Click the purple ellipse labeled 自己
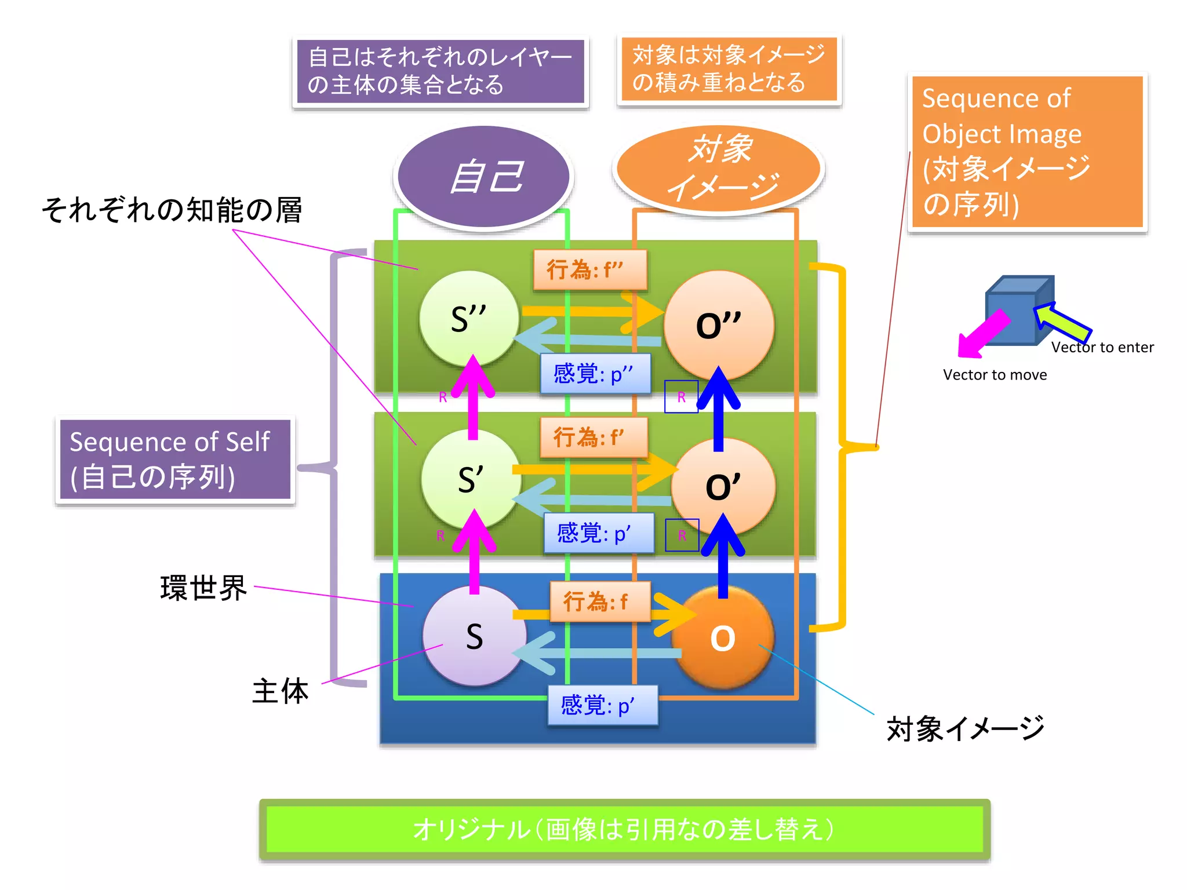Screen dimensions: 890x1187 483,177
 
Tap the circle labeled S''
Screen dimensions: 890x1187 469,319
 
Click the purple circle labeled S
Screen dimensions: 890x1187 474,636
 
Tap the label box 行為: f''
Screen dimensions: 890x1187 589,270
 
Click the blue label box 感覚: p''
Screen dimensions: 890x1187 595,374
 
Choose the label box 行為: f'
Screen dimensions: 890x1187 593,437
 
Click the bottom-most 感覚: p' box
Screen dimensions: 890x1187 602,706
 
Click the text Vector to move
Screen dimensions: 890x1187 995,375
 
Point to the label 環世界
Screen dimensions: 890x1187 203,589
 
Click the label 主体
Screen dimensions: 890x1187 281,691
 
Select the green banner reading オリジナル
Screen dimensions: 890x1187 624,829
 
